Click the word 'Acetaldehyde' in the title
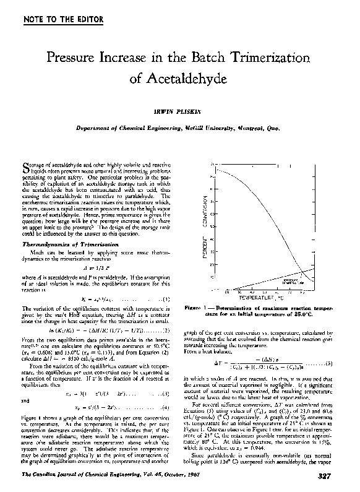(x=179, y=79)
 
